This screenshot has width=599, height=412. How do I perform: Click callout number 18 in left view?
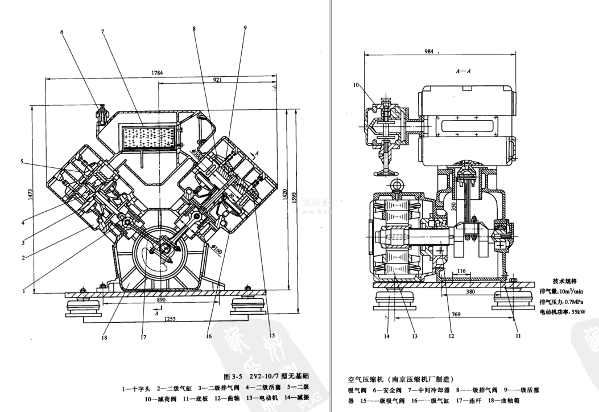tap(104, 337)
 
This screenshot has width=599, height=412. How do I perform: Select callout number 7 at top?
tap(102, 32)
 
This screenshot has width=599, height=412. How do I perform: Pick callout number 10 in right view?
tap(356, 85)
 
